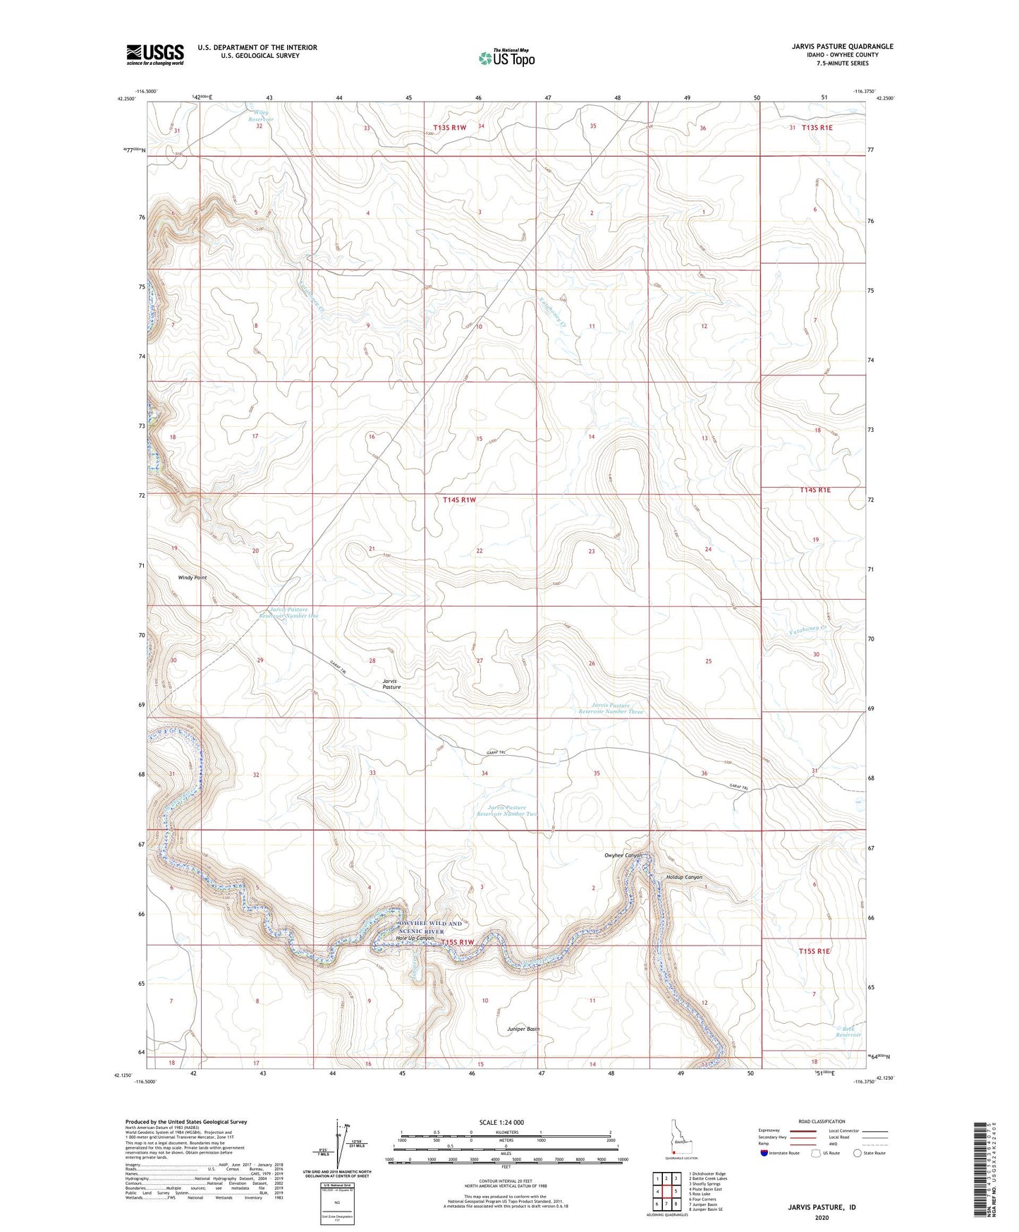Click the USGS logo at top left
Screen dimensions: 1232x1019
(154, 54)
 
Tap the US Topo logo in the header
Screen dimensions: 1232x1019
(506, 58)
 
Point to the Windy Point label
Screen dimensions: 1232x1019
(192, 578)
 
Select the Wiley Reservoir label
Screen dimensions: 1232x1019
(260, 116)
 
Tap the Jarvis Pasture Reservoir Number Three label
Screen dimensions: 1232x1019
(611, 708)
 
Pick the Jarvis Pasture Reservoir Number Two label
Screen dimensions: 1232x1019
(506, 811)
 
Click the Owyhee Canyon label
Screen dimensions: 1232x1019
(623, 855)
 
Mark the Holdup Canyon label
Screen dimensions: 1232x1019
(684, 877)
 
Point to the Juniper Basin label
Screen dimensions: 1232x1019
(523, 1029)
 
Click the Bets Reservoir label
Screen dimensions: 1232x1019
(848, 1032)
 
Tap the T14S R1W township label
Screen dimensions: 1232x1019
(460, 500)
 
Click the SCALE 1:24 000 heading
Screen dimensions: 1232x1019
(501, 1122)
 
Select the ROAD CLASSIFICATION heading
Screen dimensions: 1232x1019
(822, 1121)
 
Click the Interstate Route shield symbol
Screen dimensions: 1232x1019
(764, 1153)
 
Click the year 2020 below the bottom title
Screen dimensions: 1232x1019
(822, 1217)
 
